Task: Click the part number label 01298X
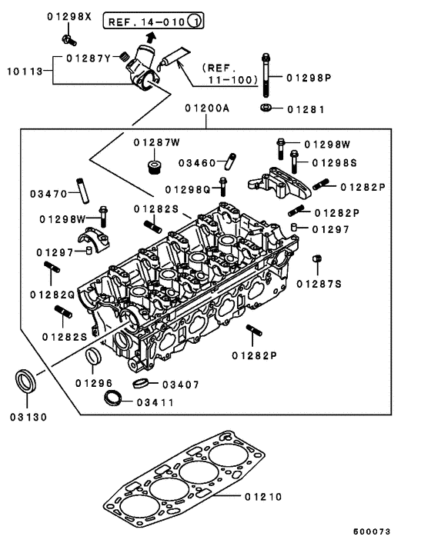[x=68, y=16]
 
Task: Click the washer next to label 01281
[x=265, y=107]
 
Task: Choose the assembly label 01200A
[x=207, y=108]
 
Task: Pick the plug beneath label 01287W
[x=153, y=167]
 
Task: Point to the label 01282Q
[x=52, y=294]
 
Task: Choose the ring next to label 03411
[x=113, y=398]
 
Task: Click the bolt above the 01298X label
[x=68, y=37]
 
